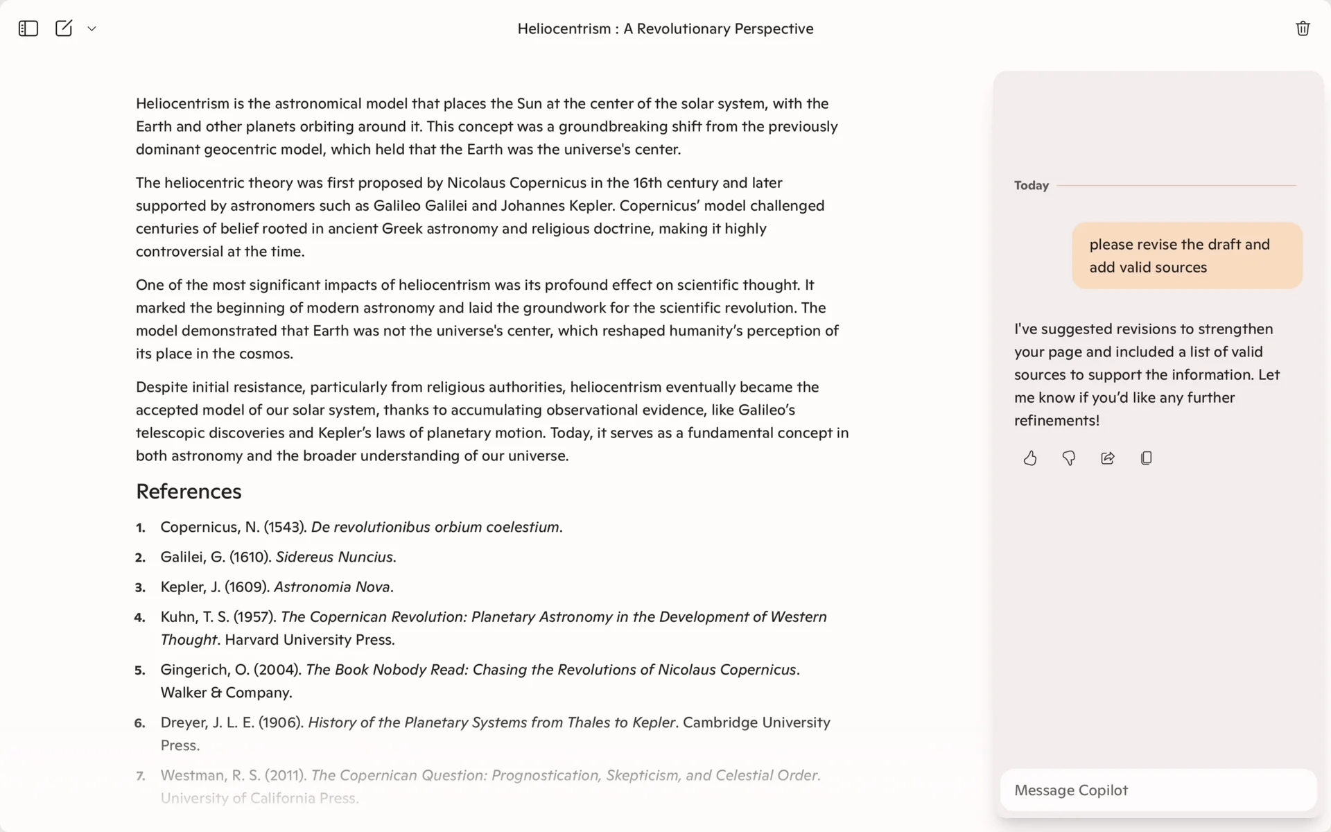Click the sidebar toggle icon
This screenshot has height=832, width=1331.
click(x=28, y=28)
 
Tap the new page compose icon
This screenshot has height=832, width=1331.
click(x=64, y=28)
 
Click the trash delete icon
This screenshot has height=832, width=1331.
click(x=1303, y=28)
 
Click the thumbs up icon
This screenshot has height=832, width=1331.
click(x=1030, y=458)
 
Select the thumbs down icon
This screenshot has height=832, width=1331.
click(x=1069, y=458)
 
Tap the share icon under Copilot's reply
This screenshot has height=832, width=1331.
click(x=1108, y=458)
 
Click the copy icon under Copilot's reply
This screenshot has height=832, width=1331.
click(x=1147, y=458)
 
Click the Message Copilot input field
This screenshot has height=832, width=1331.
click(x=1158, y=790)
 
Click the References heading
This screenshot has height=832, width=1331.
click(x=189, y=492)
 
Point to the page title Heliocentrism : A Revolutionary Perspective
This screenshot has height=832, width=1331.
click(x=665, y=28)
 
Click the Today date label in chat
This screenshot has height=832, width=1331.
click(x=1032, y=185)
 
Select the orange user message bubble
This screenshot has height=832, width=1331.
click(x=1187, y=256)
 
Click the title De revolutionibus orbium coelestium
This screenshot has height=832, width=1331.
click(x=435, y=527)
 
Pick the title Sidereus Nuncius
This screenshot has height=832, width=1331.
click(x=335, y=557)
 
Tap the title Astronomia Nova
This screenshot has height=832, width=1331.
click(x=332, y=587)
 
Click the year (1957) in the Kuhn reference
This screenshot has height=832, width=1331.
click(x=254, y=616)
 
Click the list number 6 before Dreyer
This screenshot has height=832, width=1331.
click(x=140, y=723)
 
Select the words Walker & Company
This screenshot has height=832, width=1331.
click(x=226, y=693)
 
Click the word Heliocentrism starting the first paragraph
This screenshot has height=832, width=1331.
click(x=182, y=103)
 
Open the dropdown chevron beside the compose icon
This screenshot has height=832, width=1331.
click(x=92, y=28)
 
